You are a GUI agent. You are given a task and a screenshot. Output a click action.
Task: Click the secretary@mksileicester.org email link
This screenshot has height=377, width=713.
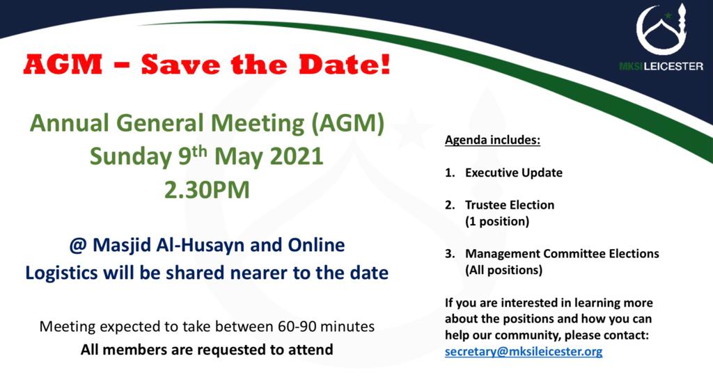pos(524,351)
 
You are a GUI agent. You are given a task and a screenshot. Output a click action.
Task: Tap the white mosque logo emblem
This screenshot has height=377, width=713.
pos(661,30)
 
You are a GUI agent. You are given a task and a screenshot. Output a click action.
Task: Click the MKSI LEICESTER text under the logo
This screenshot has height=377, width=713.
pos(661,66)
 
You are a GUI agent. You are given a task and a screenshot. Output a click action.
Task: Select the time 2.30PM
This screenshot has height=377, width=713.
pos(207,189)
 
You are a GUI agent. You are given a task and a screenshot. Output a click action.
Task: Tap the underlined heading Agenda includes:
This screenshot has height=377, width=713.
pos(492,140)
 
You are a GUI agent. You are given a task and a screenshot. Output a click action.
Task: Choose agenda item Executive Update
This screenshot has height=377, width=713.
pos(513,173)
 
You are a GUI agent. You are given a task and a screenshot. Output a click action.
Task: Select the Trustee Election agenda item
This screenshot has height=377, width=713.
pos(509,205)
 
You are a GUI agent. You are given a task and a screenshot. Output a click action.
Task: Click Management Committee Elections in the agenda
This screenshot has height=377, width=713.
pos(562,253)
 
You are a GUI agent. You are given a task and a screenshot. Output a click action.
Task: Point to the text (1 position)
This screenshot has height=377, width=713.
pos(497,222)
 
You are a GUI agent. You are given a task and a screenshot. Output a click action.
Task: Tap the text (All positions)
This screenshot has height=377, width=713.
pos(503,271)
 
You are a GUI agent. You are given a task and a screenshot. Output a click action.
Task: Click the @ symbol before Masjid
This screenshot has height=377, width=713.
pos(78,246)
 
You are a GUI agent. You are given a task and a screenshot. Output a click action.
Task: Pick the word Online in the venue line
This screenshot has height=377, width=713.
pos(316,246)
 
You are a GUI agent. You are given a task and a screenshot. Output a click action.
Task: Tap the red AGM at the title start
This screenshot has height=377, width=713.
pos(63,64)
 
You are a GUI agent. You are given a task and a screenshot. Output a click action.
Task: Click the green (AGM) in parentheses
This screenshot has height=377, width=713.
pos(347,124)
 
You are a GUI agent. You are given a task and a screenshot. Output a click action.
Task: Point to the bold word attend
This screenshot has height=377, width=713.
pos(311,350)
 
